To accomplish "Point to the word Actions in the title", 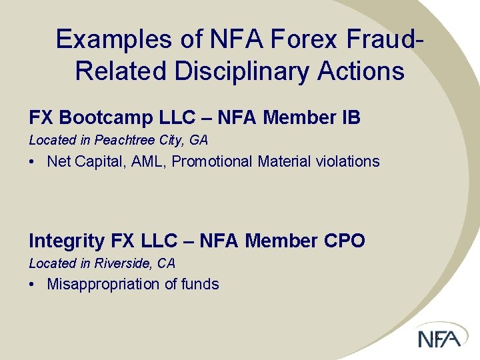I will click(359, 71).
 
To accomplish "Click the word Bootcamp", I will click(117, 118).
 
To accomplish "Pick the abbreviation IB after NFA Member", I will click(351, 118).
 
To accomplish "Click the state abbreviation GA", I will click(199, 140).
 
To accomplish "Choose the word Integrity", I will click(65, 241).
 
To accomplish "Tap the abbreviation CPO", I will click(346, 241).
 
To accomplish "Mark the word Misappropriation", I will click(103, 284).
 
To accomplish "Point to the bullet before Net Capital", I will click(33, 162).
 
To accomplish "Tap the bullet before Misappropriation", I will click(33, 285).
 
